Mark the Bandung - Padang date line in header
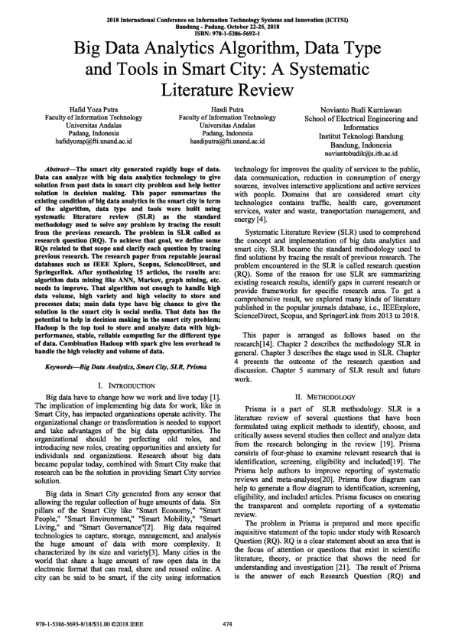(227, 25)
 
